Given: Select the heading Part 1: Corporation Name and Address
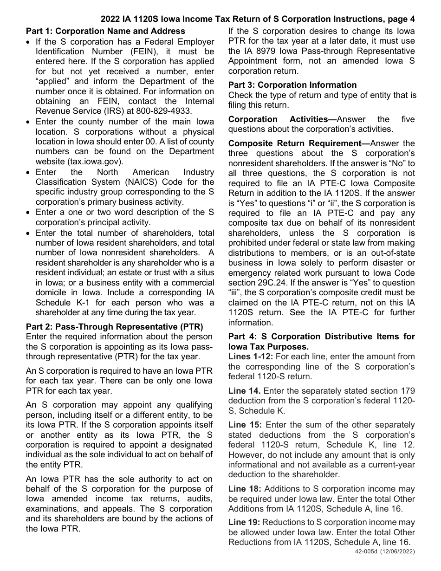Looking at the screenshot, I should click(105, 31).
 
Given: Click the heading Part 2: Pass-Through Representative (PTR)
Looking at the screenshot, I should click(114, 326).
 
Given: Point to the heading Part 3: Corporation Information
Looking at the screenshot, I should click(292, 85).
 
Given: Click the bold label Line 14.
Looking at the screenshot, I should click(244, 391).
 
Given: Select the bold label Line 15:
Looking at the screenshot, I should click(245, 425).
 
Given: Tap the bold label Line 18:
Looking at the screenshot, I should click(245, 488).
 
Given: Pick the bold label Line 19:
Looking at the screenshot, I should click(245, 523).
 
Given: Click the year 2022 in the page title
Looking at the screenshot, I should click(111, 19).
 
